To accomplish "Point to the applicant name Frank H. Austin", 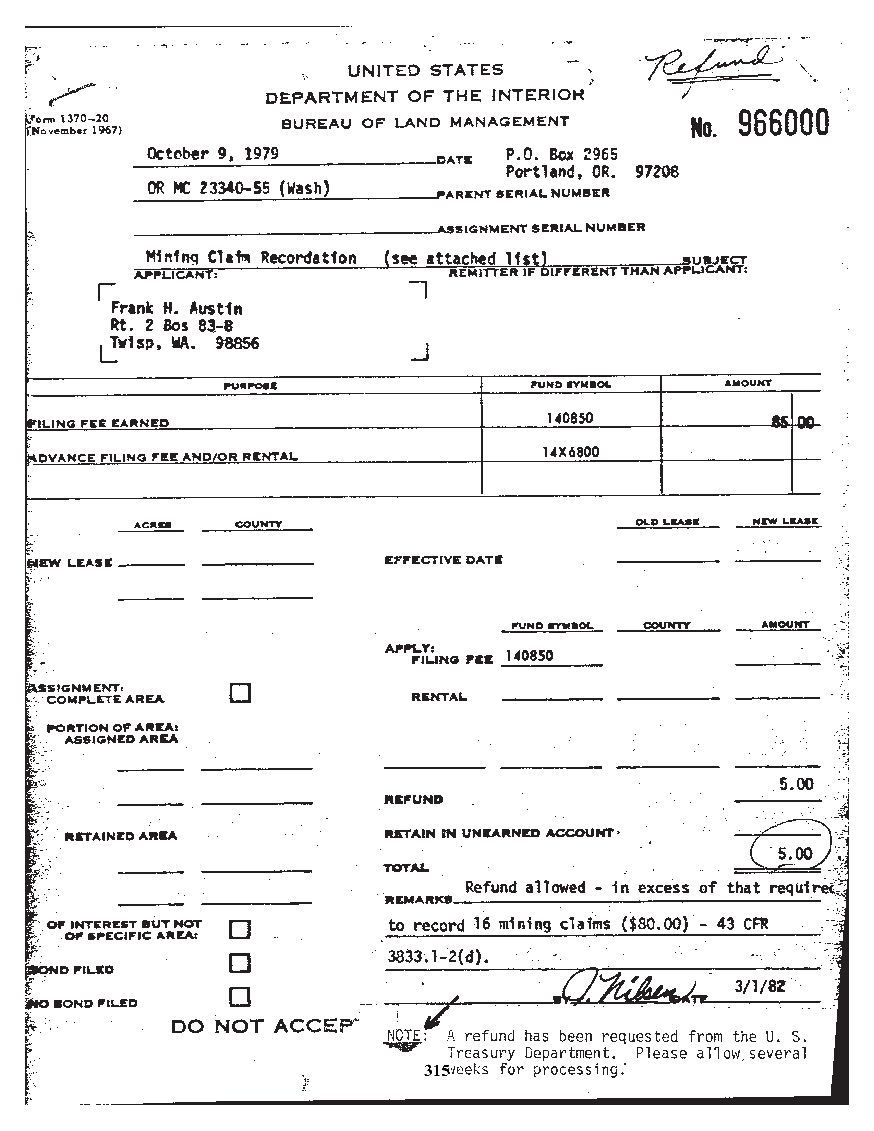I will point(176,309).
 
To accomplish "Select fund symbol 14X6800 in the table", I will point(571,452).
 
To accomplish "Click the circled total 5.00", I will point(794,853).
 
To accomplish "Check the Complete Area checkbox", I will point(240,693).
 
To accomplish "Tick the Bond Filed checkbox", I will point(240,963).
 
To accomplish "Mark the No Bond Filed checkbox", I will point(240,997).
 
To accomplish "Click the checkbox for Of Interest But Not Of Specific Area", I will point(240,929).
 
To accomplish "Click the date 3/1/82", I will point(760,985).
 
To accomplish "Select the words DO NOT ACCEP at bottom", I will point(264,1026).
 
